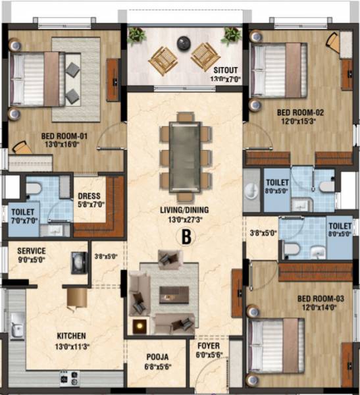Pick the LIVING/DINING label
[184, 211]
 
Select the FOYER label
[209, 346]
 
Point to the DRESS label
[89, 196]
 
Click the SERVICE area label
[32, 250]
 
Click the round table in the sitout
[184, 45]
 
